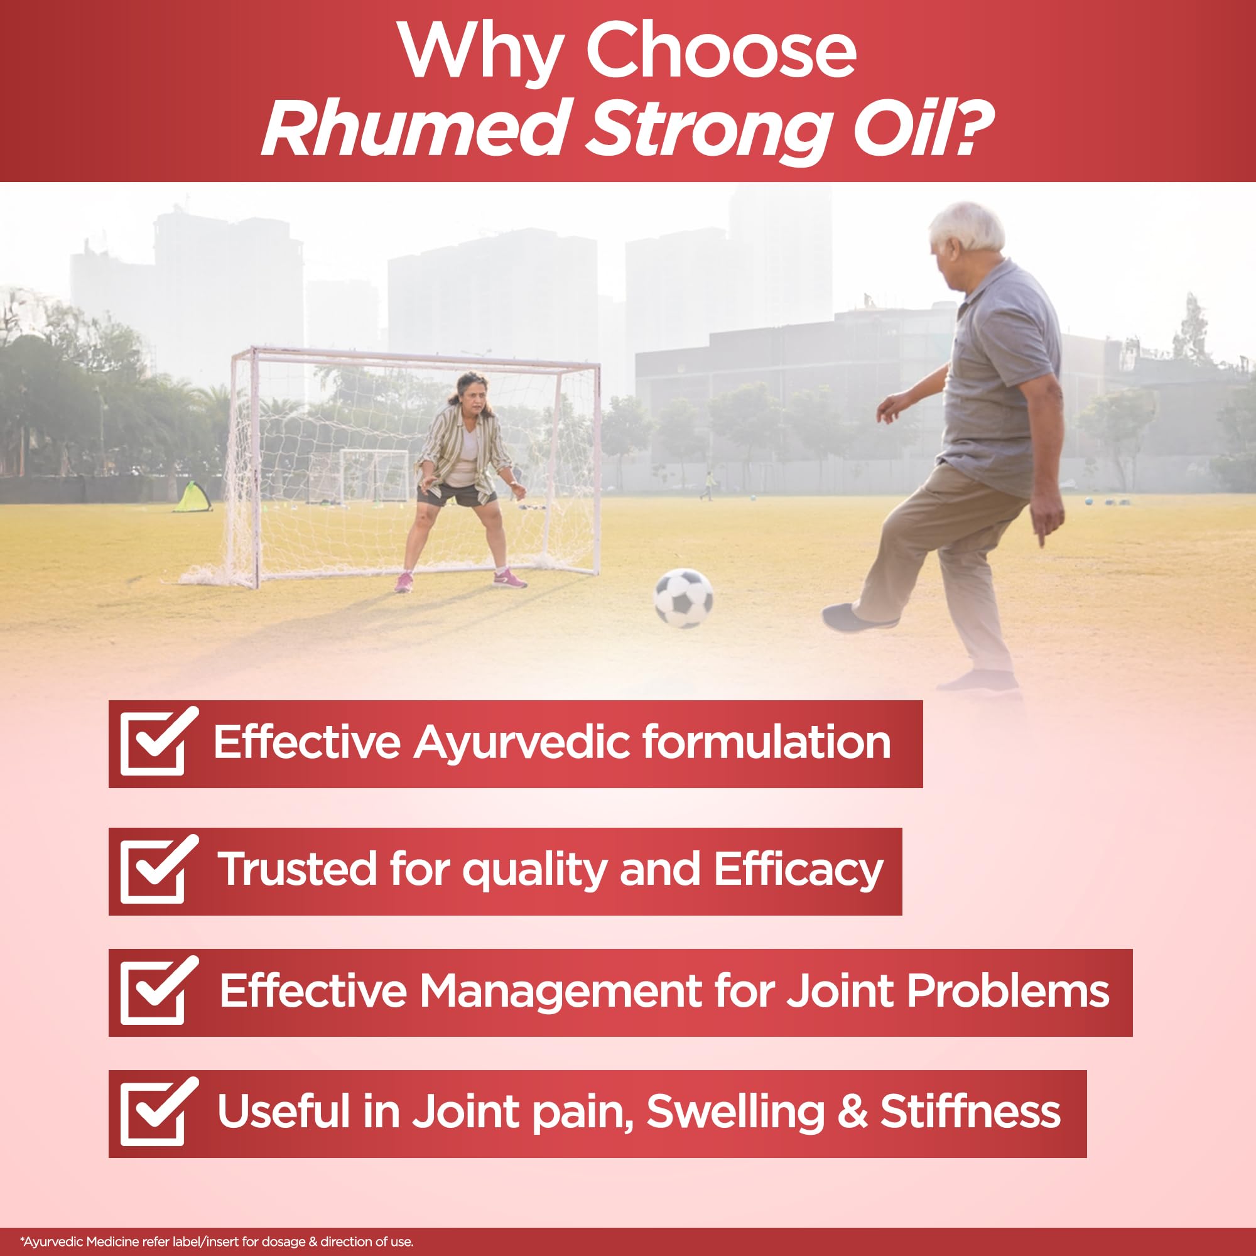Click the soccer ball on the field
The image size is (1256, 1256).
click(x=683, y=598)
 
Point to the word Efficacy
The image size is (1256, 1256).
click(x=798, y=870)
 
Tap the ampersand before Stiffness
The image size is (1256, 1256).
click(x=852, y=1112)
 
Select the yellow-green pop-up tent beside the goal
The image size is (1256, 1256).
click(x=192, y=497)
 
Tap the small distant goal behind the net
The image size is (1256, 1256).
click(x=374, y=475)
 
